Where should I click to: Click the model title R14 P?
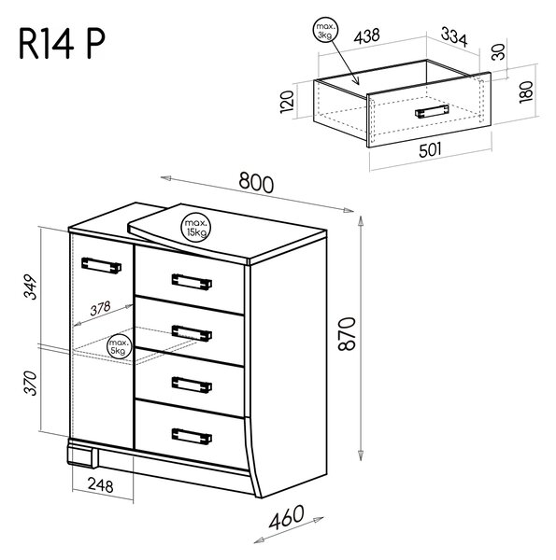[62, 44]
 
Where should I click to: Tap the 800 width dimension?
[256, 182]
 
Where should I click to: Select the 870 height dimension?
[347, 333]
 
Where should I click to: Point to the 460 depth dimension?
[286, 517]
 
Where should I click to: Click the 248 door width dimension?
[101, 484]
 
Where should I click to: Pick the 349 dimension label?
[31, 287]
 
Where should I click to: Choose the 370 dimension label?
[31, 383]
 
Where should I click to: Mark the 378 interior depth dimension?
[101, 309]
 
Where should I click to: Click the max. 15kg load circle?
[195, 228]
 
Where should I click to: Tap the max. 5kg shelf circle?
[118, 347]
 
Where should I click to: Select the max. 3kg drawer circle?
[325, 30]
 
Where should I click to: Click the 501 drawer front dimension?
[430, 150]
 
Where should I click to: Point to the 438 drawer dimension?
[366, 36]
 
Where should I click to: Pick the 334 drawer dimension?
[454, 36]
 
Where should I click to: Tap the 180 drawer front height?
[526, 92]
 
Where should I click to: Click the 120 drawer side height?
[287, 102]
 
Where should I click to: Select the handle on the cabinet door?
[101, 265]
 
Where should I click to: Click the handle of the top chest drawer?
[192, 282]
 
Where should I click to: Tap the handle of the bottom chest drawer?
[192, 437]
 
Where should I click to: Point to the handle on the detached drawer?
[432, 111]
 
